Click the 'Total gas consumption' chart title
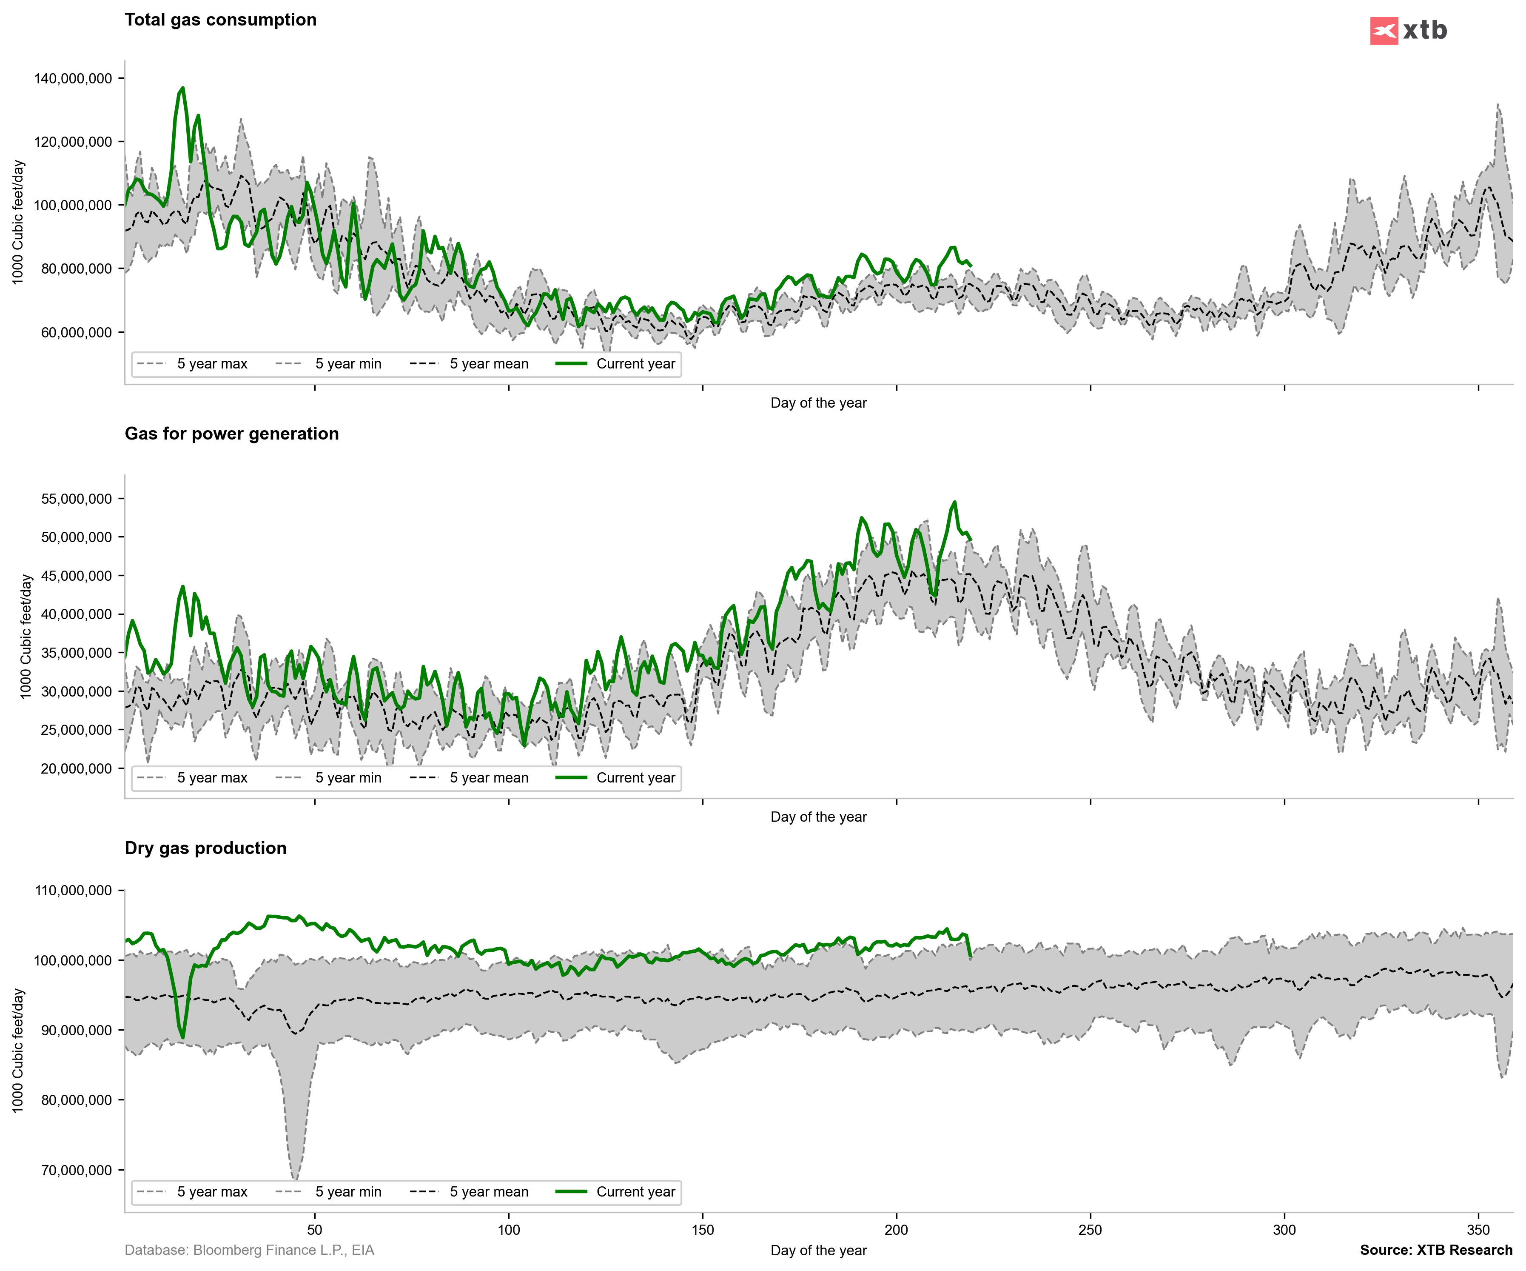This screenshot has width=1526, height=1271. pyautogui.click(x=220, y=20)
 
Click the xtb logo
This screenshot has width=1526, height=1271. pyautogui.click(x=1408, y=31)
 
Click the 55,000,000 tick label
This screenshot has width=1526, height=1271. pyautogui.click(x=76, y=499)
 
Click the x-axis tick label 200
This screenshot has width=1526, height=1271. pyautogui.click(x=896, y=1230)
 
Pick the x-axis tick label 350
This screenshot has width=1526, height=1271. pyautogui.click(x=1478, y=1230)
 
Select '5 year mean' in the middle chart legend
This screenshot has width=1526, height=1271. pyautogui.click(x=488, y=777)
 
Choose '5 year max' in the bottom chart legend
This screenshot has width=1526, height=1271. pyautogui.click(x=211, y=1192)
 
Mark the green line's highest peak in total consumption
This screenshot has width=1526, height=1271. pyautogui.click(x=182, y=88)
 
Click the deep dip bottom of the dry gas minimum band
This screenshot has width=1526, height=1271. pyautogui.click(x=294, y=1177)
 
